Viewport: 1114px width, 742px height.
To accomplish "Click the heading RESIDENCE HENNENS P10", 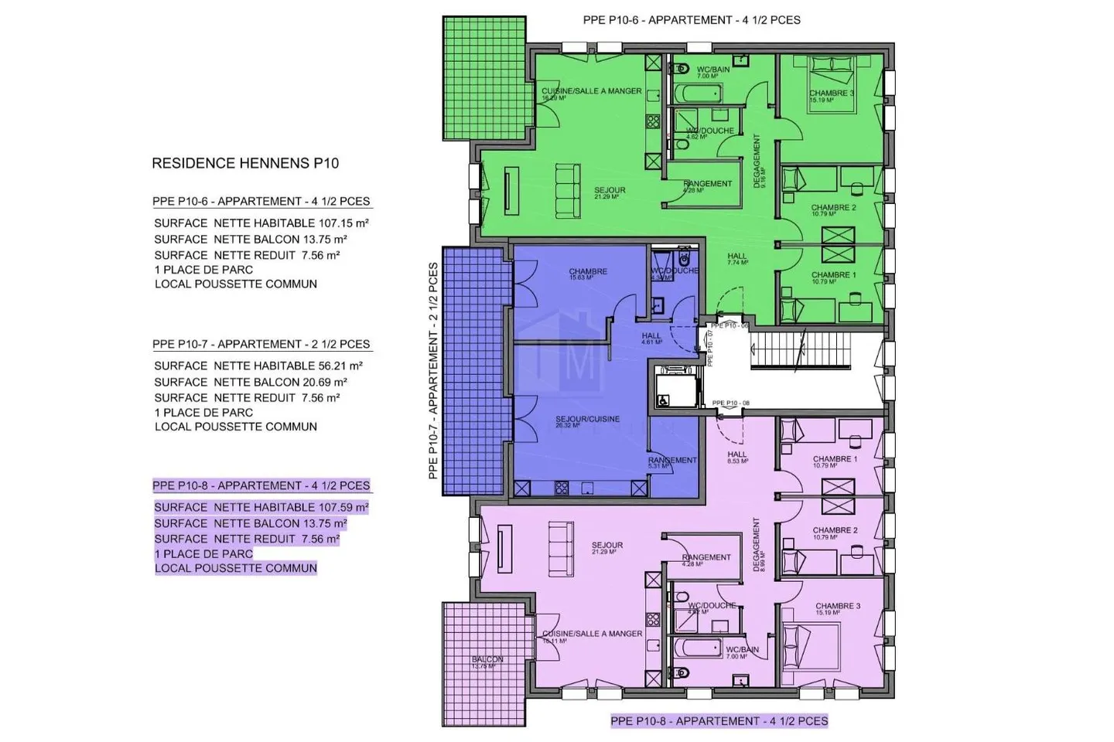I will [x=245, y=163].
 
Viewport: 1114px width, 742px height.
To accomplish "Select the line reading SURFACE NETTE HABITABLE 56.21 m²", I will [x=258, y=366].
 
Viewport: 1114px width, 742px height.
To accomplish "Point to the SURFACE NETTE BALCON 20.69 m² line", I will [x=251, y=382].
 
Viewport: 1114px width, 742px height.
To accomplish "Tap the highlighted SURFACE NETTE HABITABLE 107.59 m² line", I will [x=261, y=508].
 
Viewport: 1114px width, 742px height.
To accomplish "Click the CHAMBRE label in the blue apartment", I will [x=588, y=272].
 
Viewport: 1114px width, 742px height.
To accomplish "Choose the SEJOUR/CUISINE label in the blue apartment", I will [x=587, y=420].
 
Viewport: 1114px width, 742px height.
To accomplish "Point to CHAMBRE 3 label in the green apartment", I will [x=832, y=94].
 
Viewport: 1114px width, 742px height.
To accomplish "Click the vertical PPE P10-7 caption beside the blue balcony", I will [x=433, y=371].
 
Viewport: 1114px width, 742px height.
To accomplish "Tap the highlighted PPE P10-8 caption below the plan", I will [x=719, y=721].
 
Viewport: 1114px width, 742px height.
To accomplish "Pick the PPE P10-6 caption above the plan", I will [x=692, y=20].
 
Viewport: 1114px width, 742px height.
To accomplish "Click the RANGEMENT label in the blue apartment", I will [x=672, y=461].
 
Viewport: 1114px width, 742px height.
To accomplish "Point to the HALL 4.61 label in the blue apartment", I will [x=651, y=337].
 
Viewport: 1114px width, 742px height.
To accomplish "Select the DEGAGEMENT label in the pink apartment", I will [x=757, y=545].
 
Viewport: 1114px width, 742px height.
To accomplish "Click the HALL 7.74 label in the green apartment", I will [x=737, y=257].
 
